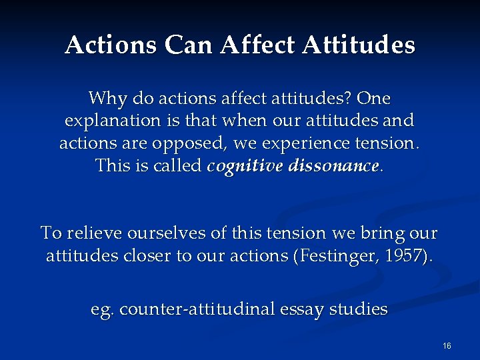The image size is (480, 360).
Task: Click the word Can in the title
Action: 192,45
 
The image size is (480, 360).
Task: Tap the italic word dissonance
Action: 333,165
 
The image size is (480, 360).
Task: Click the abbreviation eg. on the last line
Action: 103,310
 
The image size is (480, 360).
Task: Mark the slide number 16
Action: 447,345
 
